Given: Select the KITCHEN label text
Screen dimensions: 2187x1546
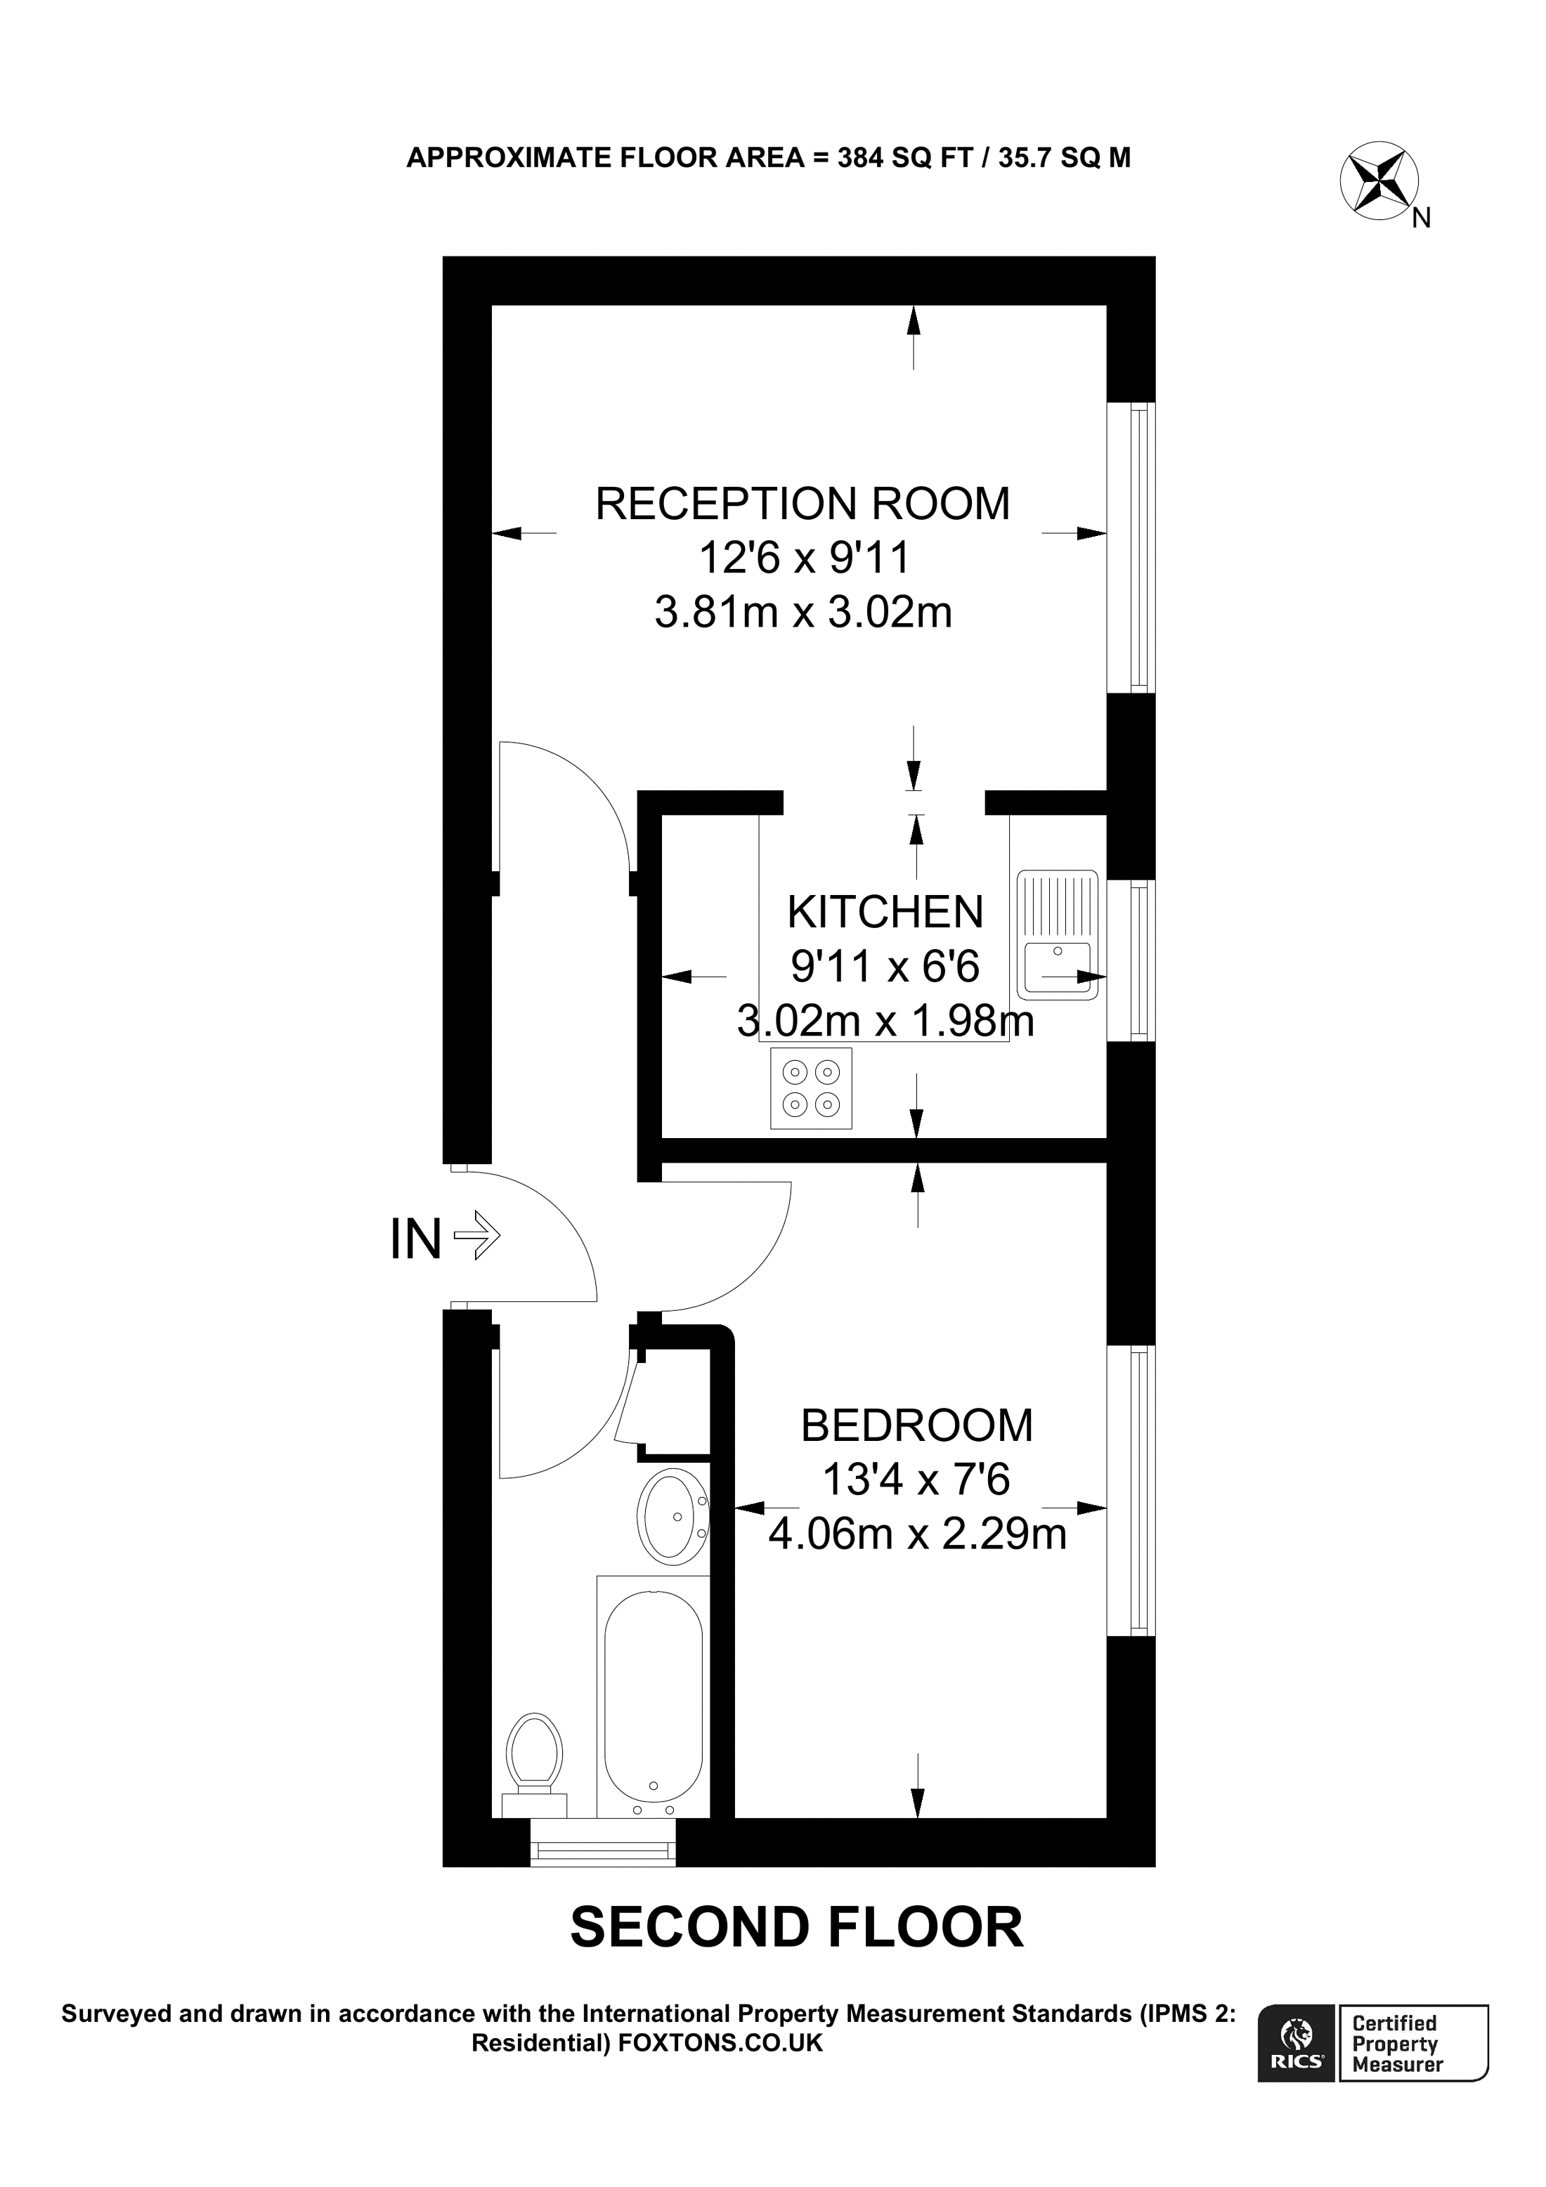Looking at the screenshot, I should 885,913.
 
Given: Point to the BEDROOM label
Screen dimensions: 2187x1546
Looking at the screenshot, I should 916,1426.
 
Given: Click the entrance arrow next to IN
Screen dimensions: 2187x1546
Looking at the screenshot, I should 477,1236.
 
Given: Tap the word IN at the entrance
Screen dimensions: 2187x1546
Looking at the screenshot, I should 415,1240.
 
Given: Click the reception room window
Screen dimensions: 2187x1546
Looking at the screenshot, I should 1131,548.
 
